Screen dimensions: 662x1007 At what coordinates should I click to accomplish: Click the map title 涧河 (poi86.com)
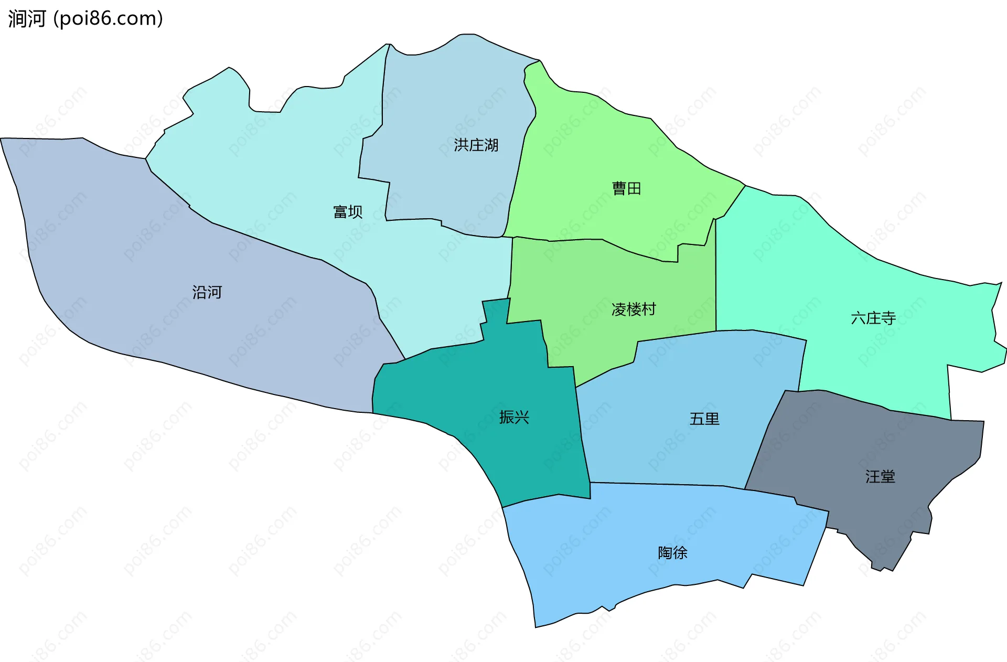click(x=85, y=18)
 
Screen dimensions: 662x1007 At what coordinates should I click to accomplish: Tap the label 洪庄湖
click(x=476, y=145)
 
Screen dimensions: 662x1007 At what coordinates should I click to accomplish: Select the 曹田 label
click(x=626, y=188)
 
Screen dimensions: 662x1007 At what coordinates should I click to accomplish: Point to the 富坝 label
click(x=348, y=211)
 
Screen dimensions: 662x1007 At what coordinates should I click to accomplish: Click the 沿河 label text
click(x=207, y=292)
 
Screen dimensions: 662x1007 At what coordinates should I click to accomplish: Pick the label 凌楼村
click(x=634, y=309)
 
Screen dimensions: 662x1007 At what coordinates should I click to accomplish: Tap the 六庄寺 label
click(x=873, y=318)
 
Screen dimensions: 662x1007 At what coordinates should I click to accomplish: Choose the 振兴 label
click(x=514, y=417)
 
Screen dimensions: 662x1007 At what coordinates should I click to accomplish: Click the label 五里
click(x=704, y=419)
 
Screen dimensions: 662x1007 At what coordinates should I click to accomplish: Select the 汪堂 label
click(x=880, y=476)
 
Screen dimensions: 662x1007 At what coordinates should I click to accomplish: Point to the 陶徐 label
click(x=672, y=552)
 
